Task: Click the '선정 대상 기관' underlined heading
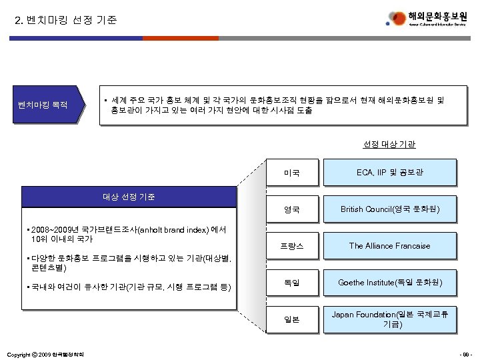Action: tap(389, 143)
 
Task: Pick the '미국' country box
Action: tap(291, 173)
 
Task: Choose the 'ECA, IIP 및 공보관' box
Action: tap(389, 173)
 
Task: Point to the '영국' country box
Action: tap(291, 210)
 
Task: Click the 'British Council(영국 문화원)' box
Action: tap(389, 210)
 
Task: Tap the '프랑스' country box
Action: tap(291, 246)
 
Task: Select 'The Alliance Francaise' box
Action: tap(389, 246)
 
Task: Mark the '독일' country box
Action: tap(291, 283)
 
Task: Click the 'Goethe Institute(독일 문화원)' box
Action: tap(389, 283)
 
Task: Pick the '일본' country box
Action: tap(291, 319)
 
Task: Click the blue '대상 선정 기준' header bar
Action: tap(130, 197)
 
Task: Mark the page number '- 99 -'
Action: tap(464, 353)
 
